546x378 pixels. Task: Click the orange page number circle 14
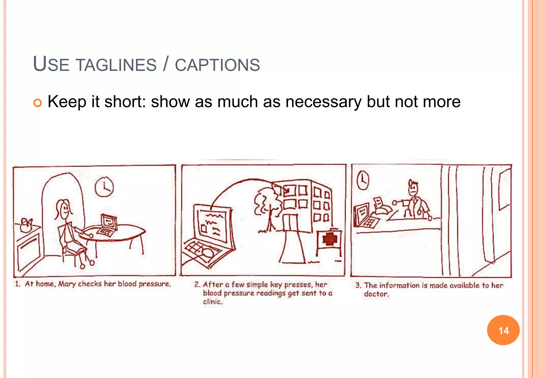tap(503, 330)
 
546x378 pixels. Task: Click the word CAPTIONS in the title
tap(217, 65)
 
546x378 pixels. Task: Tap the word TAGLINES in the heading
tap(116, 65)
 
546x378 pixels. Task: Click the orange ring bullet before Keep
tap(38, 103)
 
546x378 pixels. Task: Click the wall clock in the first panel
tap(104, 187)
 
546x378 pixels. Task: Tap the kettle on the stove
tap(26, 225)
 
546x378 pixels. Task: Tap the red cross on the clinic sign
tap(330, 239)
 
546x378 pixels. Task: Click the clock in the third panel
tap(363, 180)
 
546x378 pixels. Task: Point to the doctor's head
tap(413, 187)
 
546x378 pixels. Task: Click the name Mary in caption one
tap(67, 284)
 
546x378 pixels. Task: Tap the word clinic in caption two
tap(212, 302)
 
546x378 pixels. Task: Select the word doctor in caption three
tap(376, 294)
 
